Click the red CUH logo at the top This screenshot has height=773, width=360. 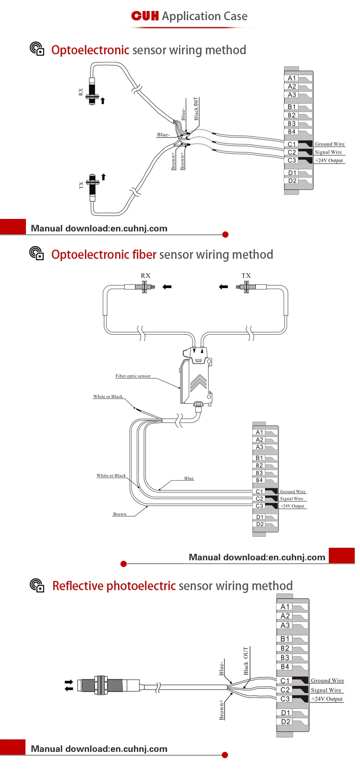point(145,16)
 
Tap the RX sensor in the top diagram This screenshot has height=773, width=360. point(92,91)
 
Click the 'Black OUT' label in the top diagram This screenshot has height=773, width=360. point(196,109)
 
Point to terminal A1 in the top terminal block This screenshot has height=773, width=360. point(292,78)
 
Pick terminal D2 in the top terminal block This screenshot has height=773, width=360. point(292,181)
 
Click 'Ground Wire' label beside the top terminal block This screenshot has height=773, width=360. point(330,144)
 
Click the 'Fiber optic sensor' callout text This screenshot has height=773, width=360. point(133,376)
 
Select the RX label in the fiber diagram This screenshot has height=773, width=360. point(145,276)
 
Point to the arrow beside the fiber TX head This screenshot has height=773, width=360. point(224,287)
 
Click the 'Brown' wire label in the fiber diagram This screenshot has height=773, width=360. point(120,514)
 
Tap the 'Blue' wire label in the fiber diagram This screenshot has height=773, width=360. point(189,478)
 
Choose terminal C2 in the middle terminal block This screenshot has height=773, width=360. point(259,499)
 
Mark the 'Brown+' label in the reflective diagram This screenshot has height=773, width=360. point(222,710)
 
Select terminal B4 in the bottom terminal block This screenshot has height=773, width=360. point(285,667)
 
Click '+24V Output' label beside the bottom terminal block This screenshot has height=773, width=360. point(327,699)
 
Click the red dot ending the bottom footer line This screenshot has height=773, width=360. point(225,755)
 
